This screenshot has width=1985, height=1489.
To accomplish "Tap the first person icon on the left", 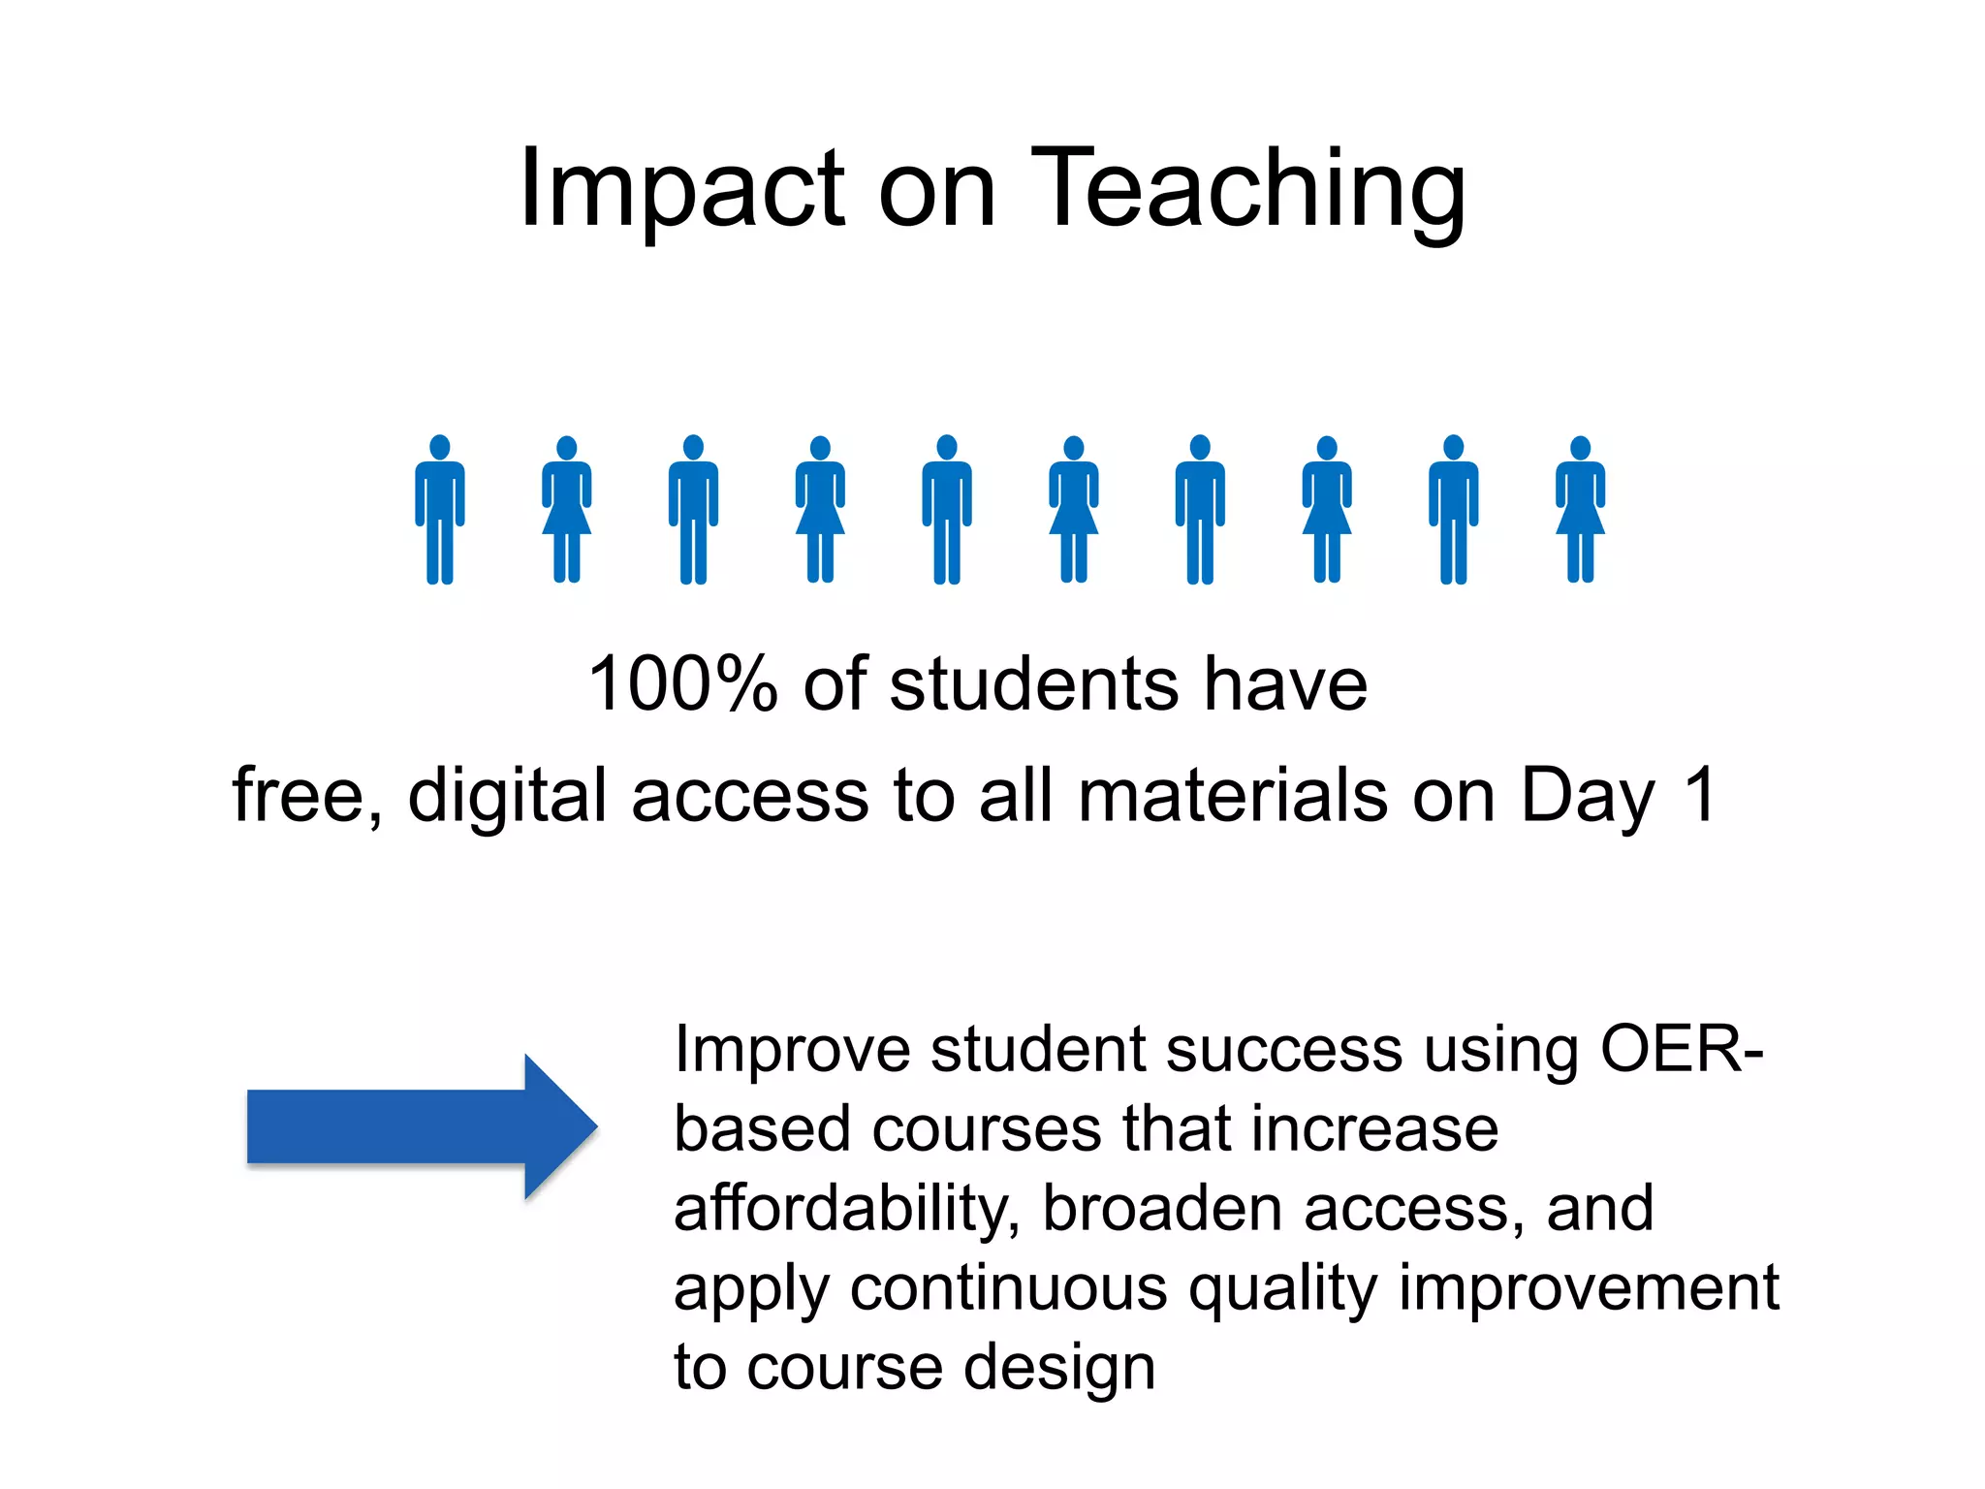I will click(x=440, y=510).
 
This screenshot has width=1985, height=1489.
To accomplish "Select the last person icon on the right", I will click(x=1580, y=510).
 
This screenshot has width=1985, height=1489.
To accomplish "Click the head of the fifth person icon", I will click(x=947, y=447).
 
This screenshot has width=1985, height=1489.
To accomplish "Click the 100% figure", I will click(x=683, y=684).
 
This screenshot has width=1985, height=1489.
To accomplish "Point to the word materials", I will click(x=1233, y=795).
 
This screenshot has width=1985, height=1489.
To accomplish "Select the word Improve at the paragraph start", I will click(x=792, y=1050).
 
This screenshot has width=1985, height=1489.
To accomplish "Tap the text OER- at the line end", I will click(x=1682, y=1049).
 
